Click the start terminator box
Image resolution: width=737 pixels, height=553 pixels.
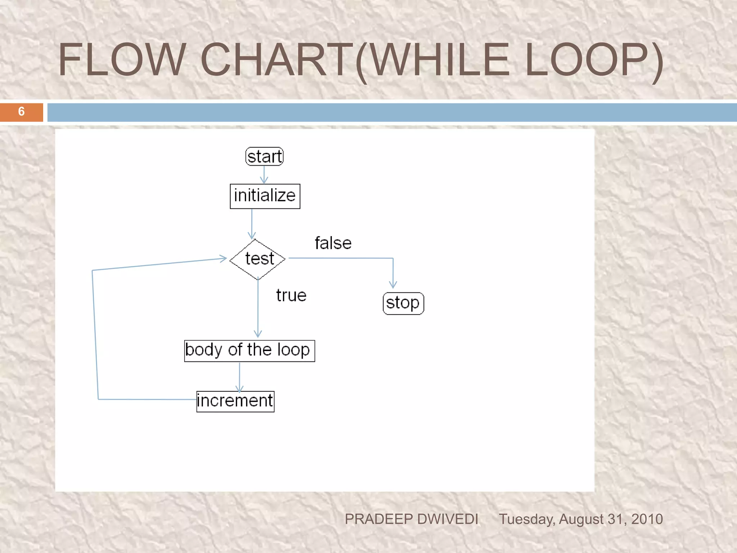pyautogui.click(x=264, y=157)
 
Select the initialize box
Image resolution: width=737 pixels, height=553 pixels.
pyautogui.click(x=265, y=196)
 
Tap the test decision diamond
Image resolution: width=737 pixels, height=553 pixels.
pyautogui.click(x=258, y=259)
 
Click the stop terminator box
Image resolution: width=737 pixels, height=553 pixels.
pyautogui.click(x=403, y=303)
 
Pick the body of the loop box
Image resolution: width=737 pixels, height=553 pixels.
pyautogui.click(x=249, y=351)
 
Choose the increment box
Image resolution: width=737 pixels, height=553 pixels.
pyautogui.click(x=235, y=401)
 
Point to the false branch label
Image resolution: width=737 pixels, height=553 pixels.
pyautogui.click(x=333, y=243)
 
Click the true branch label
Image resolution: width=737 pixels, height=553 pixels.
pyautogui.click(x=291, y=296)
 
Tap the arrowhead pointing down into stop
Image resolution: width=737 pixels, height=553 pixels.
pyautogui.click(x=393, y=285)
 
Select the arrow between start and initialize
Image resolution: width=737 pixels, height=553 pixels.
pyautogui.click(x=264, y=175)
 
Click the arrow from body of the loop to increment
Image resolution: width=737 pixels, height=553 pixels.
pyautogui.click(x=240, y=376)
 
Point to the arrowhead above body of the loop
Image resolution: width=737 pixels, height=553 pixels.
pyautogui.click(x=258, y=333)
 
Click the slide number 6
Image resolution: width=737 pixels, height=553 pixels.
pyautogui.click(x=21, y=112)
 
